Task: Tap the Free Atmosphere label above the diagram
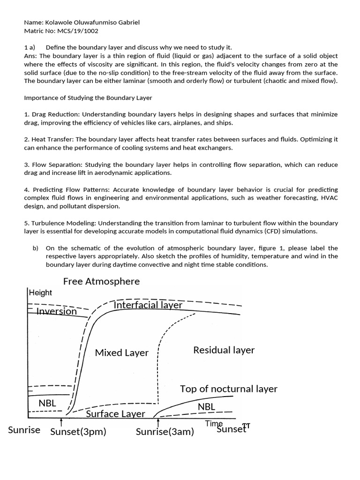pyautogui.click(x=101, y=281)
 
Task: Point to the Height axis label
pyautogui.click(x=40, y=292)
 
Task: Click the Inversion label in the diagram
pyautogui.click(x=56, y=311)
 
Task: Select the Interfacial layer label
pyautogui.click(x=148, y=305)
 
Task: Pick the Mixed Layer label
pyautogui.click(x=121, y=352)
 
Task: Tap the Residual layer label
pyautogui.click(x=224, y=350)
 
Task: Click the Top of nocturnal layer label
pyautogui.click(x=228, y=389)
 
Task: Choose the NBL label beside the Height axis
pyautogui.click(x=47, y=403)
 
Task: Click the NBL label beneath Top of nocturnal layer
pyautogui.click(x=206, y=406)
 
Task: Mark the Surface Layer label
pyautogui.click(x=115, y=414)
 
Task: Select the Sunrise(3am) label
pyautogui.click(x=165, y=432)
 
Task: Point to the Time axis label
pyautogui.click(x=214, y=423)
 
